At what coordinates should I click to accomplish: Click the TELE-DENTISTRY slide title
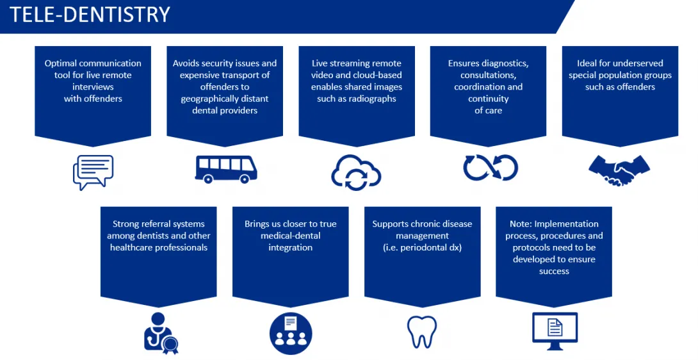pyautogui.click(x=90, y=14)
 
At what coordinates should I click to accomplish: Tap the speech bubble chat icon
pyautogui.click(x=93, y=172)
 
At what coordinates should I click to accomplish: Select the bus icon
pyautogui.click(x=226, y=169)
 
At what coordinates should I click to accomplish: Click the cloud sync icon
pyautogui.click(x=356, y=172)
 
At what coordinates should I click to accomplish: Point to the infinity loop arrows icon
pyautogui.click(x=491, y=168)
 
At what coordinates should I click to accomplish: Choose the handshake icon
pyautogui.click(x=619, y=170)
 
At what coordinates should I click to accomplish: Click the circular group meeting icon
pyautogui.click(x=291, y=333)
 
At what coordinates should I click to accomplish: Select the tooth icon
pyautogui.click(x=422, y=332)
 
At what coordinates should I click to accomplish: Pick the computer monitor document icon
pyautogui.click(x=555, y=331)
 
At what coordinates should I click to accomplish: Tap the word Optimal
pyautogui.click(x=61, y=63)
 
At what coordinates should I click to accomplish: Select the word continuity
pyautogui.click(x=489, y=99)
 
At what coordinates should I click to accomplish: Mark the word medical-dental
pyautogui.click(x=291, y=236)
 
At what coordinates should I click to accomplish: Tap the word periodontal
pyautogui.click(x=426, y=248)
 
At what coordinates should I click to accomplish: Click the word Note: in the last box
pyautogui.click(x=521, y=224)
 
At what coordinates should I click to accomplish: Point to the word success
pyautogui.click(x=554, y=272)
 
